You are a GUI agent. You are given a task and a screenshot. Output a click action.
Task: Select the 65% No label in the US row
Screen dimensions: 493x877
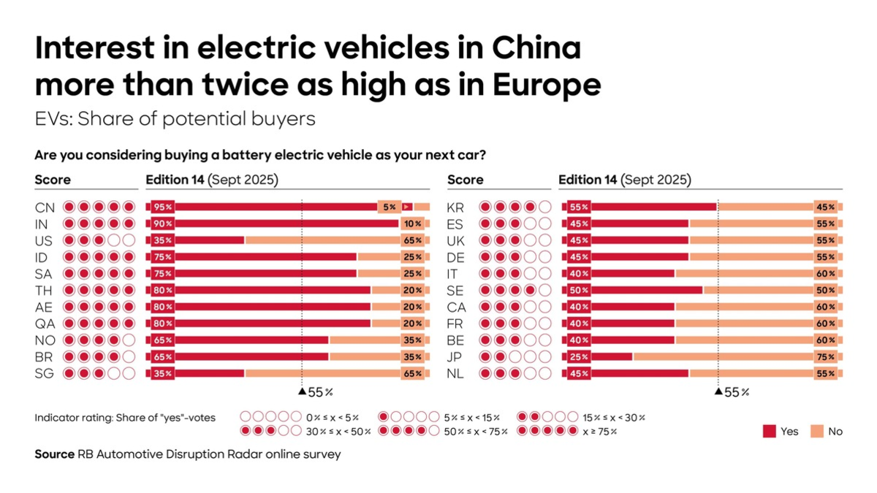[x=413, y=240]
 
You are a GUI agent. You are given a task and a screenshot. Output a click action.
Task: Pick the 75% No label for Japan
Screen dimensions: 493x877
[x=826, y=357]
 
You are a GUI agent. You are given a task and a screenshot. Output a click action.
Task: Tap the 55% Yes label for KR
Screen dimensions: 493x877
[x=580, y=207]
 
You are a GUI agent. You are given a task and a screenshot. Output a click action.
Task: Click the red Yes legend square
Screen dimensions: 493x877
[x=769, y=432]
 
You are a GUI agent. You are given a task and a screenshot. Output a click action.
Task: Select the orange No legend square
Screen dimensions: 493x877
[x=816, y=432]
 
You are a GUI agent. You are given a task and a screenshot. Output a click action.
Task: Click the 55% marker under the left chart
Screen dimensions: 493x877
[x=316, y=392]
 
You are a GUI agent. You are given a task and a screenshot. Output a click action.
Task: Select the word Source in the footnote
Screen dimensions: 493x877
[x=54, y=454]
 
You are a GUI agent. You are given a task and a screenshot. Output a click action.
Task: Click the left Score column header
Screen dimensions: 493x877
[x=53, y=180]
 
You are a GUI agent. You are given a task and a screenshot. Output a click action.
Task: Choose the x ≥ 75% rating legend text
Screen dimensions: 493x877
[x=599, y=432]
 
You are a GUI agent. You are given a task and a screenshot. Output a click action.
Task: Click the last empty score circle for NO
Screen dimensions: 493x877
[x=129, y=340]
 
